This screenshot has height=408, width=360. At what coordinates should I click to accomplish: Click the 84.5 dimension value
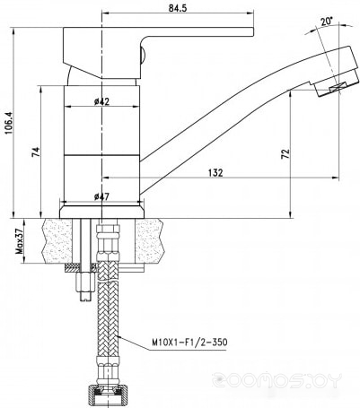coord(178,8)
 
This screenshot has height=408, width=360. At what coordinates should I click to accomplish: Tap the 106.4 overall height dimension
coord(8,123)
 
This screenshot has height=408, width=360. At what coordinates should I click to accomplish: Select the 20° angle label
coord(327,22)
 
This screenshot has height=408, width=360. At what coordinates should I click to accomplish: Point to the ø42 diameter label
coord(101,101)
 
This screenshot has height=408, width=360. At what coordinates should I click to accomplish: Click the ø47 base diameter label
coord(101,196)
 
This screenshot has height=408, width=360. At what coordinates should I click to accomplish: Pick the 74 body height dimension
coord(36,152)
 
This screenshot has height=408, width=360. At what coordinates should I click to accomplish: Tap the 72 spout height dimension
coord(285,153)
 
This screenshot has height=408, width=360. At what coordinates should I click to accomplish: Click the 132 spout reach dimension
coord(216,172)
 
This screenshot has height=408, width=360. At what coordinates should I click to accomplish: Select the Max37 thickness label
coord(19,241)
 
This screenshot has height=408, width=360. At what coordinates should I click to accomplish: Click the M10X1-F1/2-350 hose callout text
coord(189,342)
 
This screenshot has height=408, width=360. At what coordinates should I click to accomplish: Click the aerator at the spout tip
coord(337,85)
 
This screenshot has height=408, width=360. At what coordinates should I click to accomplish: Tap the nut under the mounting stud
coord(85,282)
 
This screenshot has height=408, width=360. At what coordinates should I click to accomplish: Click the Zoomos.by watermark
coord(277,380)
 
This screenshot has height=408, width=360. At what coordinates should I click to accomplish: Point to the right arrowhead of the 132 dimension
coord(336,178)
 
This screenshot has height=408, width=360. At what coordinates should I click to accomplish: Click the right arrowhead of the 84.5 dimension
coord(250,13)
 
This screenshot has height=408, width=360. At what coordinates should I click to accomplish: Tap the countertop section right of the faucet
coord(151,241)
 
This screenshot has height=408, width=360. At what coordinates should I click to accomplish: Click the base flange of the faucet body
coord(101,211)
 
